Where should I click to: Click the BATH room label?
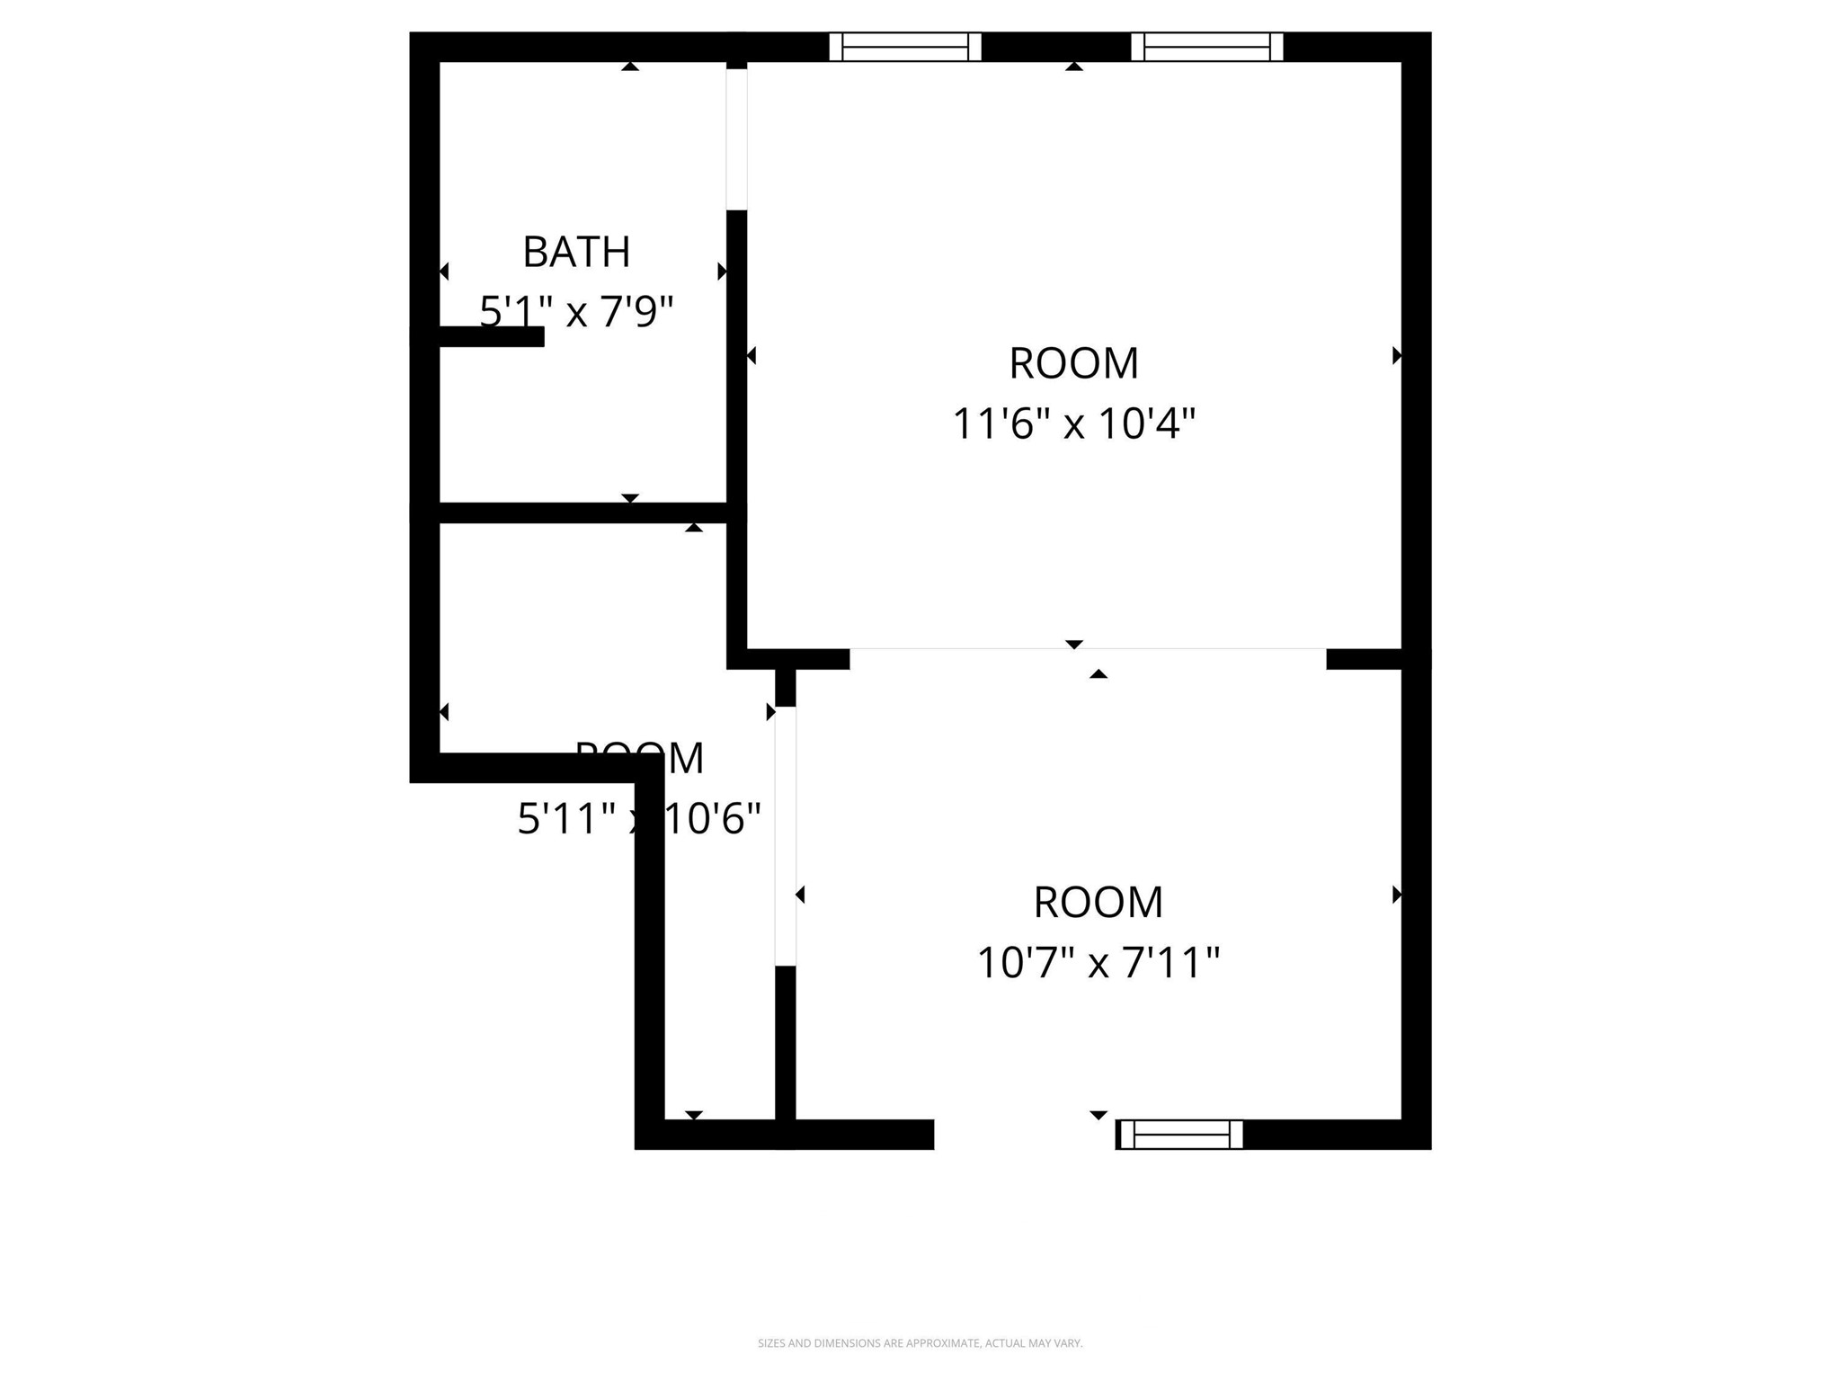pos(576,252)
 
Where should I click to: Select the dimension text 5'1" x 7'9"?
pos(576,311)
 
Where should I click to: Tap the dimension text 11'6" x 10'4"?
pos(1073,423)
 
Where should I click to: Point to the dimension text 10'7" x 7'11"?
pos(1098,963)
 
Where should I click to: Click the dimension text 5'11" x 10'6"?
pos(638,818)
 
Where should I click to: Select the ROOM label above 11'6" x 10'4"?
pos(1073,363)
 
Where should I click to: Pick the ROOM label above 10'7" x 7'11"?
pos(1098,902)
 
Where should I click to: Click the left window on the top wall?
pos(904,47)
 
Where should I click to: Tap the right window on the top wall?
pos(1206,47)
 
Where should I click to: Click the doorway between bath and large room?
pos(736,139)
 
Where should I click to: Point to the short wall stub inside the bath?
pos(491,336)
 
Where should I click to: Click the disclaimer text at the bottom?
pos(920,1343)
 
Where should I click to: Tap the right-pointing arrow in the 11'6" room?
pos(1396,356)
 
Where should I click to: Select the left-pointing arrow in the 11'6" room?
pos(752,356)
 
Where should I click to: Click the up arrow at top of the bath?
pos(630,66)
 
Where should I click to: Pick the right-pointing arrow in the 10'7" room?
pos(1396,895)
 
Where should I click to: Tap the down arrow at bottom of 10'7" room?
pos(1098,1115)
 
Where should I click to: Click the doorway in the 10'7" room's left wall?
pos(785,836)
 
